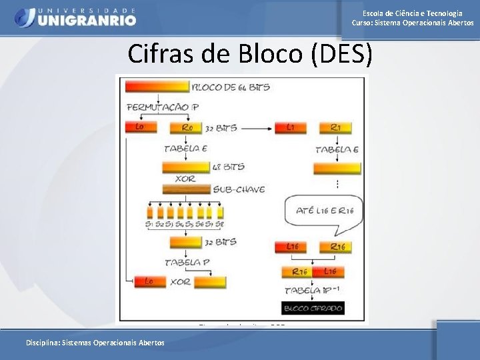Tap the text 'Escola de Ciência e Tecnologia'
pos(412,13)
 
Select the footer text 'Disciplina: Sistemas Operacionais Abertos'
pos(95,343)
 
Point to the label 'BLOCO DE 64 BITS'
pos(231,87)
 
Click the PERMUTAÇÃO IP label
pos(163,107)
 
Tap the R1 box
pos(339,127)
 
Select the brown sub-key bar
pos(187,189)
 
